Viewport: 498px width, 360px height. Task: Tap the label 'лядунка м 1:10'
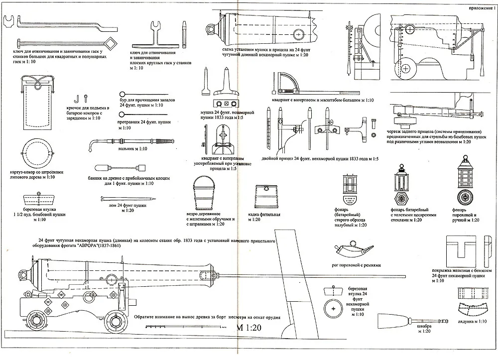click(473, 321)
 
